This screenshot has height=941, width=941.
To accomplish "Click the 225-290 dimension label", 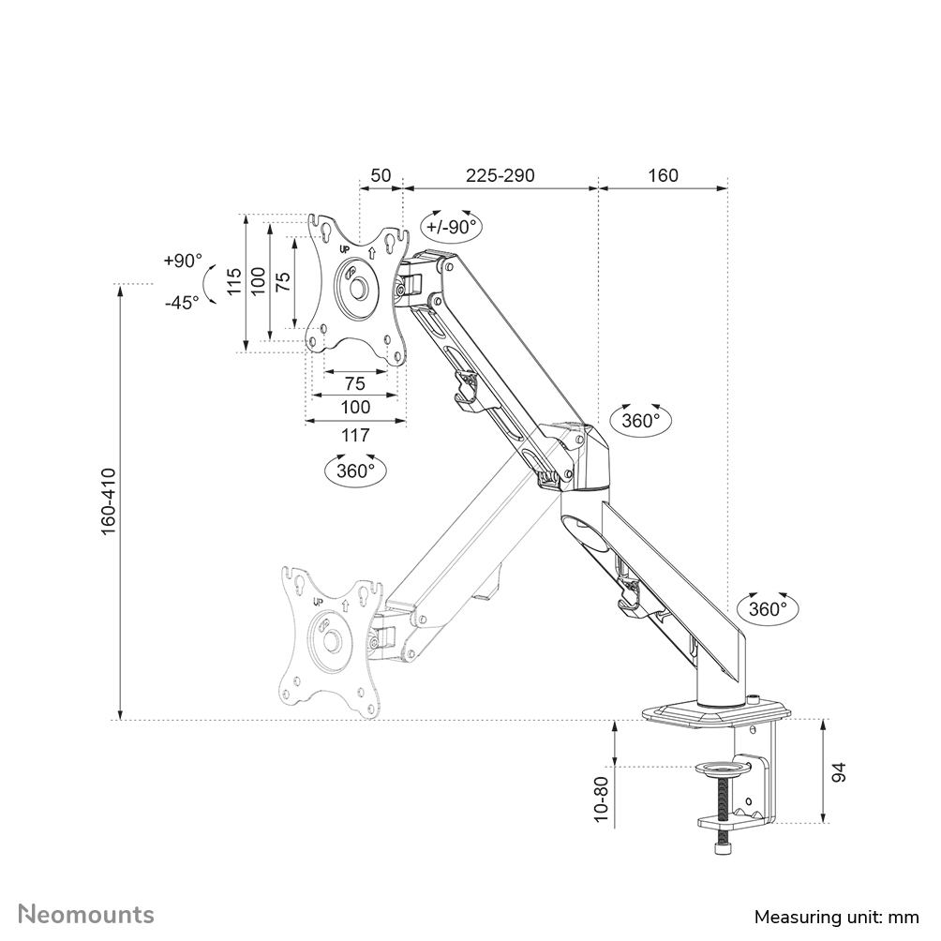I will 501,175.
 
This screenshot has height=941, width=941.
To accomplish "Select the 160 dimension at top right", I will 663,175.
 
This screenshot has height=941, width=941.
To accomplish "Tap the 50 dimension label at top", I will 381,175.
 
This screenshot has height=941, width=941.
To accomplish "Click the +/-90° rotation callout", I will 451,226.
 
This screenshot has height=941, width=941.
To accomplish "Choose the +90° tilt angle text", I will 181,261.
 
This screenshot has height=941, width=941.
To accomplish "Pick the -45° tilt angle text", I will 181,302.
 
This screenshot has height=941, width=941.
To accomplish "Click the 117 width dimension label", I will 354,435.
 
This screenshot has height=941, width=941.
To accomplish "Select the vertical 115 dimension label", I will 233,282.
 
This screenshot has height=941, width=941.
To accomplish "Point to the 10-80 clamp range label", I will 602,799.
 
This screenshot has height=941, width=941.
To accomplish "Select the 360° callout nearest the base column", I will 768,608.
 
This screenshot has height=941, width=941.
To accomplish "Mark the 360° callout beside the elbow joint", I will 641,421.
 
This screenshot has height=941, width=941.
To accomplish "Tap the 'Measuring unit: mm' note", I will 836,916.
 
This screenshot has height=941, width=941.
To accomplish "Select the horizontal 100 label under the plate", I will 354,407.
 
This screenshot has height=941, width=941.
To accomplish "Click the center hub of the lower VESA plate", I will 332,639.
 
